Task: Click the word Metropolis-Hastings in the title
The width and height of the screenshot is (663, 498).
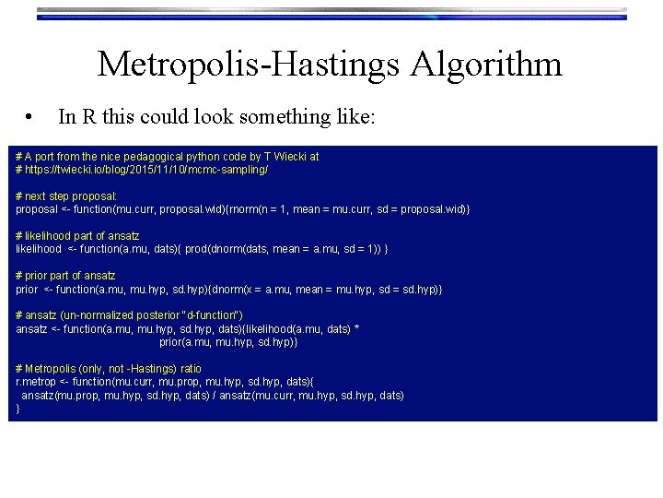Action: [x=248, y=65]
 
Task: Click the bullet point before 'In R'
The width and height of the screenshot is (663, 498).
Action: [x=31, y=117]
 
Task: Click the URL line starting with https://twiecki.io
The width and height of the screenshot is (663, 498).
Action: [x=142, y=171]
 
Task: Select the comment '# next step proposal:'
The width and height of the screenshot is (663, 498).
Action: [x=66, y=196]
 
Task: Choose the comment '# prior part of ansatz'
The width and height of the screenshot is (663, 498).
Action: [x=66, y=276]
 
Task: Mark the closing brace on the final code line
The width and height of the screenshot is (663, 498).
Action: [x=18, y=409]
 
